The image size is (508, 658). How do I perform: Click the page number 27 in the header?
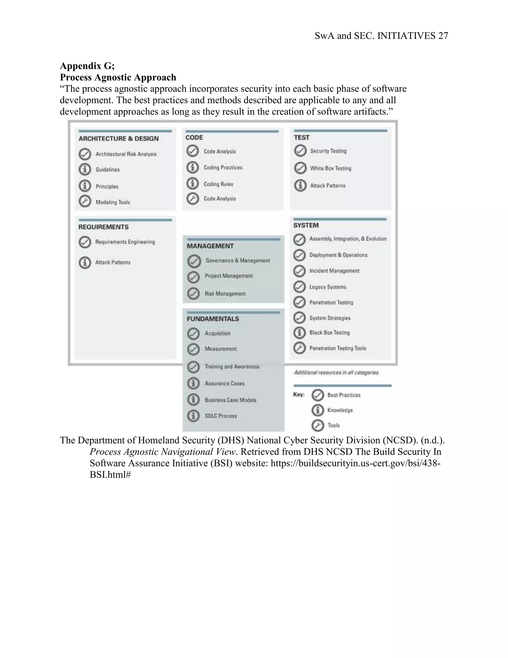443,36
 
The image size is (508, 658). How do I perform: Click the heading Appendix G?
87,66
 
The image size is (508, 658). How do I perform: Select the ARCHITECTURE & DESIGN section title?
119,139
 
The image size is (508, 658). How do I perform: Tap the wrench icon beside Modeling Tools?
85,201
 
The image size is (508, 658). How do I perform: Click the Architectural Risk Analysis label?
126,154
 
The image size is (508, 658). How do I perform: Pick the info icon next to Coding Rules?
192,183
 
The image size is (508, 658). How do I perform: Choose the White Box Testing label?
330,168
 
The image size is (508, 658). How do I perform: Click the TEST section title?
302,137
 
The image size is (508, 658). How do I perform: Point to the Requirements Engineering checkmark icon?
85,242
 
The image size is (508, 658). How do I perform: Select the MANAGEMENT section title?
210,246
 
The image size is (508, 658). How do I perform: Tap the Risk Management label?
225,293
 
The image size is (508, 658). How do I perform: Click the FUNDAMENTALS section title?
213,319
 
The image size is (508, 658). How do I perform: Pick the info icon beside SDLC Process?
193,416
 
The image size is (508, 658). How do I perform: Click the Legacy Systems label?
328,287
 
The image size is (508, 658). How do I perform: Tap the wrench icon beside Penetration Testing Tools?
299,348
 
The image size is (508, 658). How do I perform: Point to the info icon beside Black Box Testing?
299,333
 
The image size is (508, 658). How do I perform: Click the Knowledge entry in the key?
340,410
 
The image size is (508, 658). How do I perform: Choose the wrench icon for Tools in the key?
318,425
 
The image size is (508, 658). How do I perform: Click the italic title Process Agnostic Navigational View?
162,452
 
